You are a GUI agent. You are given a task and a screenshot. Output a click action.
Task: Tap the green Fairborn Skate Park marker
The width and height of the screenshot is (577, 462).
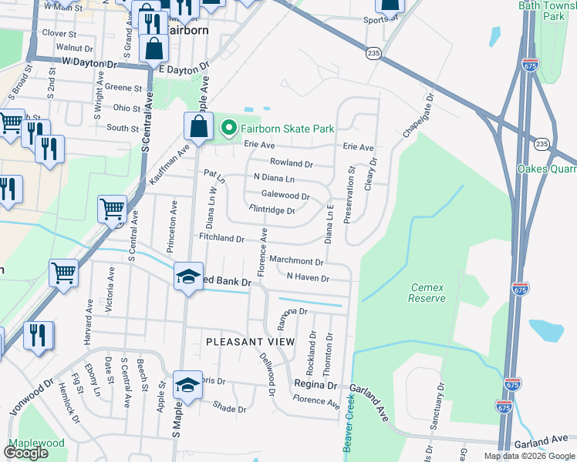(x=228, y=128)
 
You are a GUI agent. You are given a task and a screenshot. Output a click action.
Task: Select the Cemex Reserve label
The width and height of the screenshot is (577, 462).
(x=427, y=293)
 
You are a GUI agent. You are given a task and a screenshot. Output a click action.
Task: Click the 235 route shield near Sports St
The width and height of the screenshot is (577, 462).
(x=374, y=52)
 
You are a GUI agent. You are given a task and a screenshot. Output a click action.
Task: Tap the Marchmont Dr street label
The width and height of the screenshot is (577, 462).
(x=296, y=262)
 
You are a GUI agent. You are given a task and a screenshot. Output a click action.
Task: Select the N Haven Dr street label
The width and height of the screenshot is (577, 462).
(x=308, y=277)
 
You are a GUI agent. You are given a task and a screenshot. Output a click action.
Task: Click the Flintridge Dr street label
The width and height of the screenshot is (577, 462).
(x=272, y=209)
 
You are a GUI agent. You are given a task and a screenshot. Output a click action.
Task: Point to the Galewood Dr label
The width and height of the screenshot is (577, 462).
(x=285, y=196)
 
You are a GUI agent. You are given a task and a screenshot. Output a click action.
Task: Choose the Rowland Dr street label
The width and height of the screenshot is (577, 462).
(x=291, y=163)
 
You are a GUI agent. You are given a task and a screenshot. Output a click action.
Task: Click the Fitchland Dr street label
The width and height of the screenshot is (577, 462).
(x=221, y=239)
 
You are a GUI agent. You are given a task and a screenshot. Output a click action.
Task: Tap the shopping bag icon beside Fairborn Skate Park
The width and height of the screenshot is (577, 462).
(x=198, y=127)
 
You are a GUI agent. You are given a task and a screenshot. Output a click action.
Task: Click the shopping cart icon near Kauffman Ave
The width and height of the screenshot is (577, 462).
(x=112, y=209)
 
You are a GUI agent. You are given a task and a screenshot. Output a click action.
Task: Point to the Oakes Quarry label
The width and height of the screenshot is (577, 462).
(x=547, y=169)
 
